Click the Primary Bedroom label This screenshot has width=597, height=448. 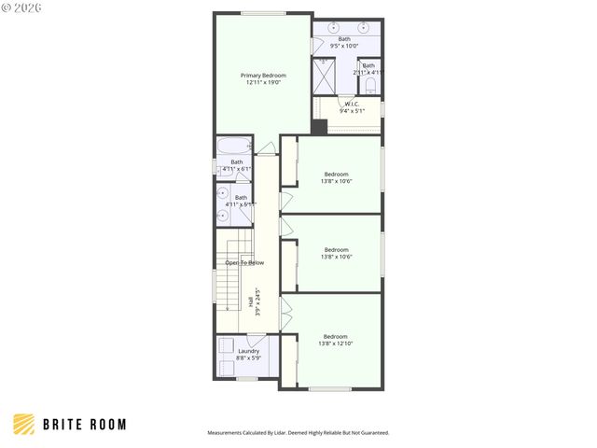263,76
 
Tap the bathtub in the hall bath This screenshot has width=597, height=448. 233,147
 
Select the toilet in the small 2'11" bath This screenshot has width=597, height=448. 370,86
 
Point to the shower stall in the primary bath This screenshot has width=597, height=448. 323,77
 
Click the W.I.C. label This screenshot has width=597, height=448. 352,104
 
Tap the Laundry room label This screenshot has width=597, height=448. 235,351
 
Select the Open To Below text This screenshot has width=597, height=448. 244,262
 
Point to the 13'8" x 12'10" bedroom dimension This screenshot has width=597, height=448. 336,343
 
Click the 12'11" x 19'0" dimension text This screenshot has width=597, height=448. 263,83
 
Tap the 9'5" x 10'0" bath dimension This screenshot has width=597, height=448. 345,46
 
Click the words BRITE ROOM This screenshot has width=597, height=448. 85,425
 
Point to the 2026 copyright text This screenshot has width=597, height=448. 20,8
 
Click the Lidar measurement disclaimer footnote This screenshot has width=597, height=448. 298,433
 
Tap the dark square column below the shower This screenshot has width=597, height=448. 319,128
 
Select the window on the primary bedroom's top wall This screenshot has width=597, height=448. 263,13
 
